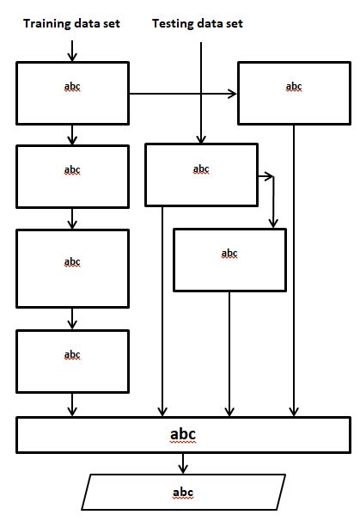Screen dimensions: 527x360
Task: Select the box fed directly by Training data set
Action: pos(72,92)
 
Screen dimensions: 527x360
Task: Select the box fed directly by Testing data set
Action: pos(201,175)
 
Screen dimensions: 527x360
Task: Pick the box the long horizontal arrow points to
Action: pos(294,92)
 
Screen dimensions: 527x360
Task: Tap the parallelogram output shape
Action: pos(183,493)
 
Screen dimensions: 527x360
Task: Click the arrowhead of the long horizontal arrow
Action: pos(233,95)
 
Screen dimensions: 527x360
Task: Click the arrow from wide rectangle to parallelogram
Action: pos(183,463)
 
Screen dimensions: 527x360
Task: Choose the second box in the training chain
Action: pos(72,177)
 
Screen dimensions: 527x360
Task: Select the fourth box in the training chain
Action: pos(72,360)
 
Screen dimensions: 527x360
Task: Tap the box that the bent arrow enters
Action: pos(229,260)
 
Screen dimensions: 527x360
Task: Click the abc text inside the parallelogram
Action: pos(183,493)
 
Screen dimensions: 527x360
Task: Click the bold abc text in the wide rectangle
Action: pos(183,434)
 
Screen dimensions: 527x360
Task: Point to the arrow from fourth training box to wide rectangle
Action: pos(72,403)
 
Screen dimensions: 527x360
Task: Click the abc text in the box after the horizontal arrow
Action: pos(294,86)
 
